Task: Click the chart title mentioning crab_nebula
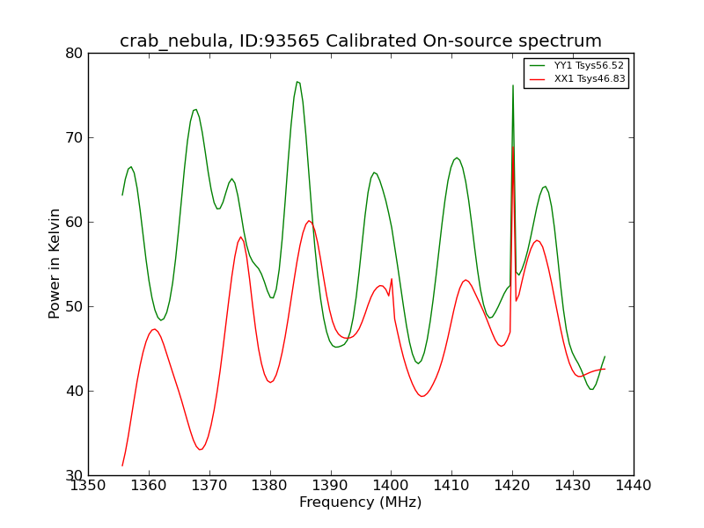click(361, 41)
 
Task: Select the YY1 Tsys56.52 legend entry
click(577, 65)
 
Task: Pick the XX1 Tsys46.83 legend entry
click(577, 79)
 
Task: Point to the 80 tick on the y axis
click(74, 54)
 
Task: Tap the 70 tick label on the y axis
click(74, 138)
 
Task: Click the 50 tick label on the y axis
click(74, 306)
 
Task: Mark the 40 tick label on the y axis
click(74, 391)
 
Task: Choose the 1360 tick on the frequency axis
click(149, 486)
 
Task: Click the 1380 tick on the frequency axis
click(270, 486)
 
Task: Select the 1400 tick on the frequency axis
click(392, 486)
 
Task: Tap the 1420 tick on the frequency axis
click(513, 486)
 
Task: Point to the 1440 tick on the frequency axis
click(634, 486)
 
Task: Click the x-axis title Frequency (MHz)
click(361, 502)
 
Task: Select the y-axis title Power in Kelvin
click(55, 264)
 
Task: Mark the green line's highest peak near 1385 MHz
click(297, 82)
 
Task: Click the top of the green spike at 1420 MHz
click(513, 85)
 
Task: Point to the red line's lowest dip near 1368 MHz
click(201, 450)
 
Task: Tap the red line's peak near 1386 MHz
click(309, 221)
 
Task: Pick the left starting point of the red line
click(122, 466)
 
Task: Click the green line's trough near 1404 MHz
click(418, 363)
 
